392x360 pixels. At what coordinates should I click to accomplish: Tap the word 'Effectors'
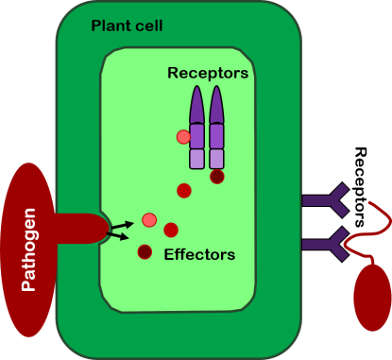coord(199,254)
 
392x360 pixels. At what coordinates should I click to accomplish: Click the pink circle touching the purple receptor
coord(183,137)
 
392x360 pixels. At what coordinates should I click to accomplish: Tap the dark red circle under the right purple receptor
coord(216,176)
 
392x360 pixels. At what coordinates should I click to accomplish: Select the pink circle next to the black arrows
coord(148,220)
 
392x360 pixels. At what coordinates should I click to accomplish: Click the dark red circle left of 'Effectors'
coord(145,251)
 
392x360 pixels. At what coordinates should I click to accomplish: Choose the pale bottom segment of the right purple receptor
coord(216,158)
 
